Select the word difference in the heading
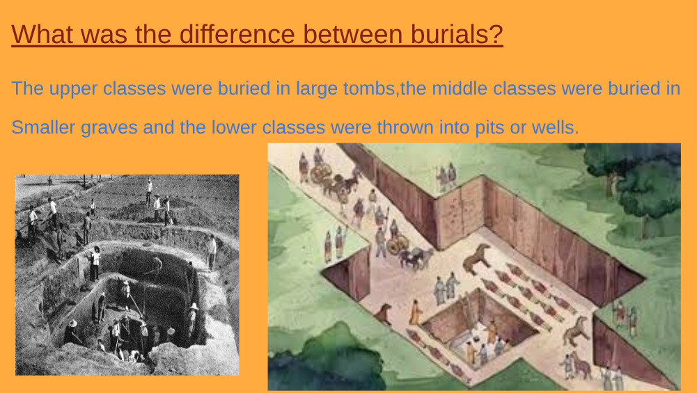pos(237,34)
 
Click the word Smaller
pos(43,127)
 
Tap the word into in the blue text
pos(454,127)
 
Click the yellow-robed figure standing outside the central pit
pos(416,312)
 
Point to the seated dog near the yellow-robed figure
pos(384,314)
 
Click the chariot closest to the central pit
pos(398,244)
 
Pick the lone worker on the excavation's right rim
pos(212,252)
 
